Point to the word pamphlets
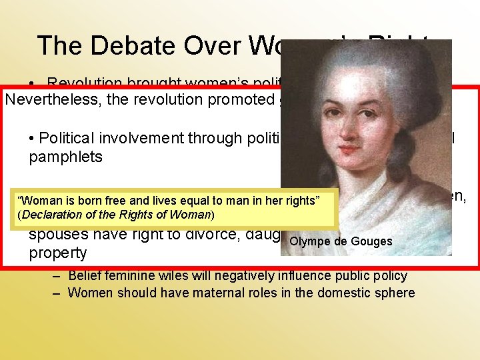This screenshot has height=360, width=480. pos(65,157)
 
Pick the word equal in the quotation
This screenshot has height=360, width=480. pos(189,201)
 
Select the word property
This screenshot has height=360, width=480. pos(57,253)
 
